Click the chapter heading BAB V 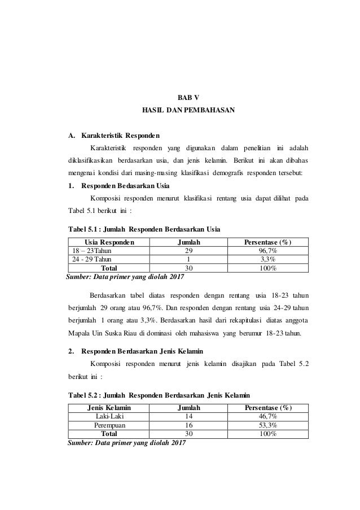[181, 97]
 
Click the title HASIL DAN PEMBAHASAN [180, 112]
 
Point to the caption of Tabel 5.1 [143, 229]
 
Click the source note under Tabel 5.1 [125, 277]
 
